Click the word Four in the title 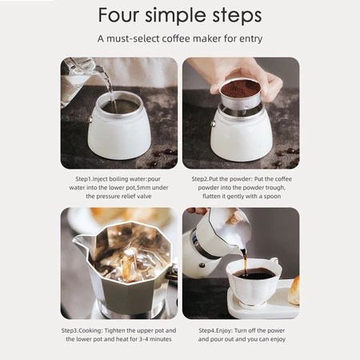118,15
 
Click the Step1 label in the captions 83,179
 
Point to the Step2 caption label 200,179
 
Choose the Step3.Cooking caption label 82,331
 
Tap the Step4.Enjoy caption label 215,331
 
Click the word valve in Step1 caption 144,196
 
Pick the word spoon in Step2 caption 272,197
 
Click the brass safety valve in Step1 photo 90,119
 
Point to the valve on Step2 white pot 213,123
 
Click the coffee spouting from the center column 130,262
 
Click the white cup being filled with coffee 253,282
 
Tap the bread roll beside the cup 294,290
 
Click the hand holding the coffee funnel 246,78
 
